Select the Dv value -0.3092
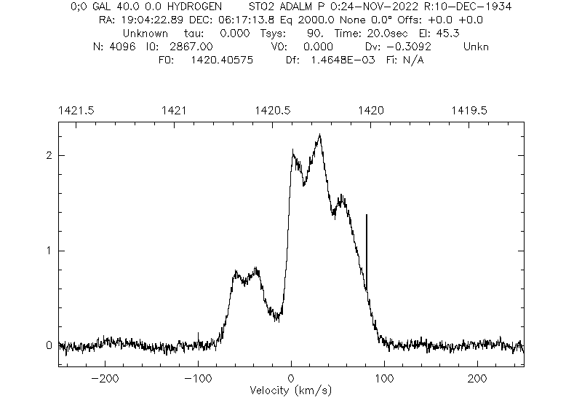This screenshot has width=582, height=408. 411,47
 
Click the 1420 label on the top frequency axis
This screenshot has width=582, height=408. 371,110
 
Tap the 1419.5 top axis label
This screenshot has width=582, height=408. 470,110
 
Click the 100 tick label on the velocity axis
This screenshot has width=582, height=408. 384,379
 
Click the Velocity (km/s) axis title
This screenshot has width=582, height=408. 291,391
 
